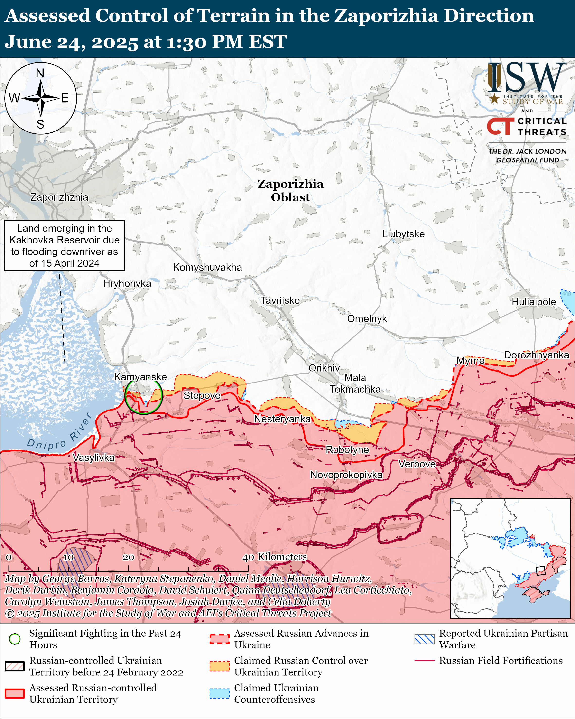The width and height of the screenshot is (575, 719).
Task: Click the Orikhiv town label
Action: (324, 368)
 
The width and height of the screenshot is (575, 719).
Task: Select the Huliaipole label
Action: (534, 302)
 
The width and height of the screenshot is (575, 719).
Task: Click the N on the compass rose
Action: (40, 73)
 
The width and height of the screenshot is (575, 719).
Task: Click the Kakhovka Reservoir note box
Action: (64, 245)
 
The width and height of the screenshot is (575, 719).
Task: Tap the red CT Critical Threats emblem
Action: (500, 126)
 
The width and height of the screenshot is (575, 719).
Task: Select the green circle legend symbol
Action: (15, 639)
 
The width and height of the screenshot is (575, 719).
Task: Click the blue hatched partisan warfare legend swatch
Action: (424, 639)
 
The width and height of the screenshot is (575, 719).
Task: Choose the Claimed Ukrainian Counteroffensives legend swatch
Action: (220, 693)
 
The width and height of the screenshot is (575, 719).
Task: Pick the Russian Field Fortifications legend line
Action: (424, 661)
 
